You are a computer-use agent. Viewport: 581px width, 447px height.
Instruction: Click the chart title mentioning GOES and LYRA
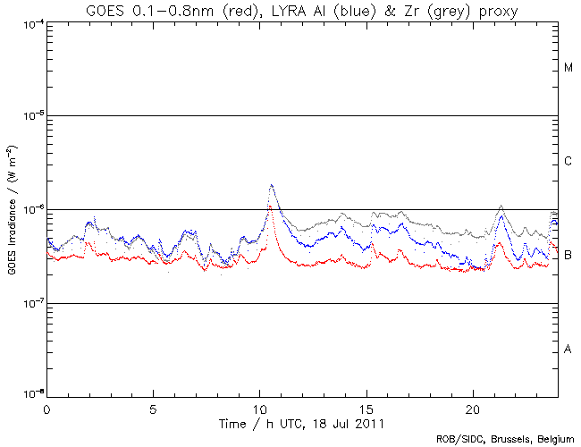coord(303,10)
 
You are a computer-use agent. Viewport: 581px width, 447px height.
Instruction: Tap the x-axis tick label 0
coord(46,407)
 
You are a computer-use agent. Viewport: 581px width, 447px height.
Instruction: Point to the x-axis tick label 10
coord(259,407)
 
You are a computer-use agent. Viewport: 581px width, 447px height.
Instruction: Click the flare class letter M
coord(568,68)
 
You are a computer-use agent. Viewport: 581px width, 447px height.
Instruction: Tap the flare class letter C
coord(568,162)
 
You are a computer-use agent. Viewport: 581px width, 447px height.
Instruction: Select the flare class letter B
coord(568,256)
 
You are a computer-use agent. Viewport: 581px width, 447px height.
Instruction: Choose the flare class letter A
coord(568,350)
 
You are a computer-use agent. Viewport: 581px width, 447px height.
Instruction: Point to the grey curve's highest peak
coord(271,185)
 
